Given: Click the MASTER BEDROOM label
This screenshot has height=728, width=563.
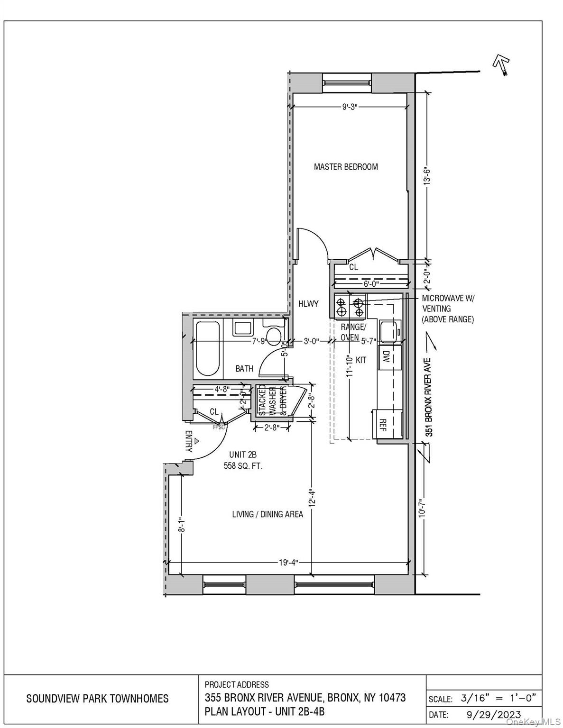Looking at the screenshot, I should click(x=346, y=167).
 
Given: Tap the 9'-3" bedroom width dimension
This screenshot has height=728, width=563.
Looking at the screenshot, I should click(x=350, y=107).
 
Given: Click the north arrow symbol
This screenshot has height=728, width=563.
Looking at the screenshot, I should click(x=501, y=64).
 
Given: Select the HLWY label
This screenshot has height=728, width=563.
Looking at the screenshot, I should click(x=308, y=304).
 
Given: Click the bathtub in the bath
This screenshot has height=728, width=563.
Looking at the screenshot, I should click(x=208, y=348).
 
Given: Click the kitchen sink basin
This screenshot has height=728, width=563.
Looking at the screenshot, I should click(x=390, y=331).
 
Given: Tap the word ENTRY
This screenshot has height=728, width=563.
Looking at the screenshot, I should click(x=188, y=441).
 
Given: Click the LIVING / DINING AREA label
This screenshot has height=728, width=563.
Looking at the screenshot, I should click(x=268, y=514).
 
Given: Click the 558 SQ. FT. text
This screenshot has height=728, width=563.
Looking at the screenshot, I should click(x=243, y=466).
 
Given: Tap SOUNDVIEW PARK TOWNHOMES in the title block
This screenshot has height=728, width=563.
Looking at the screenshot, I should click(x=97, y=698).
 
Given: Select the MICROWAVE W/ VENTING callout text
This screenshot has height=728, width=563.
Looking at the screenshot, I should click(x=448, y=309).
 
